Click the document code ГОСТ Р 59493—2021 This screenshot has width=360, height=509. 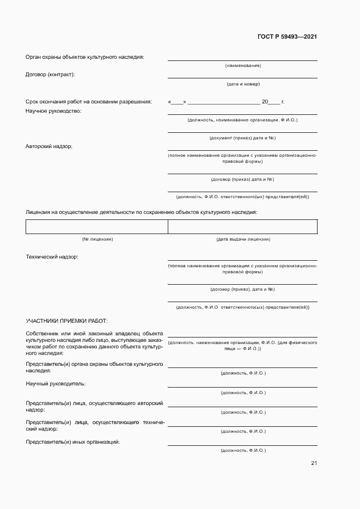[287, 37]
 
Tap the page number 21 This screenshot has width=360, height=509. [314, 463]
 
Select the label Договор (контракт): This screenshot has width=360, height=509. [51, 74]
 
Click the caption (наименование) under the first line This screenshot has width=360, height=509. [243, 65]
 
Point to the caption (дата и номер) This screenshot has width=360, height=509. [243, 84]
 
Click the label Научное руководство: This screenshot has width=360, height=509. [53, 111]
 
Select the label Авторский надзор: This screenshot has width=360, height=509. [48, 146]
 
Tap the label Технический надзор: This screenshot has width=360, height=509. [52, 256]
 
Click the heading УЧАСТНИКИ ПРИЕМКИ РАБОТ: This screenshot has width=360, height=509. [66, 321]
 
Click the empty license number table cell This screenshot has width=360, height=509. [96, 226]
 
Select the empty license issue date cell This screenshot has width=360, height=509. [242, 226]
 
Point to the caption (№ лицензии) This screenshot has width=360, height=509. [97, 239]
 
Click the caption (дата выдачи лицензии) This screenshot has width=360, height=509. [243, 239]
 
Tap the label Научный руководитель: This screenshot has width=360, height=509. [56, 384]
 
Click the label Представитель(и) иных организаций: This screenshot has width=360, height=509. [73, 441]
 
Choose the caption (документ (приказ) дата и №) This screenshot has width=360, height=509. [242, 138]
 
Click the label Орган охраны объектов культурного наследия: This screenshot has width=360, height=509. [85, 57]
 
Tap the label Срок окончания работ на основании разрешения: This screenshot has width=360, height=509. [89, 102]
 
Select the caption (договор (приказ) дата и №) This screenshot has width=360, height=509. [242, 179]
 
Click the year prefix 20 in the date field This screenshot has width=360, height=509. [265, 102]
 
